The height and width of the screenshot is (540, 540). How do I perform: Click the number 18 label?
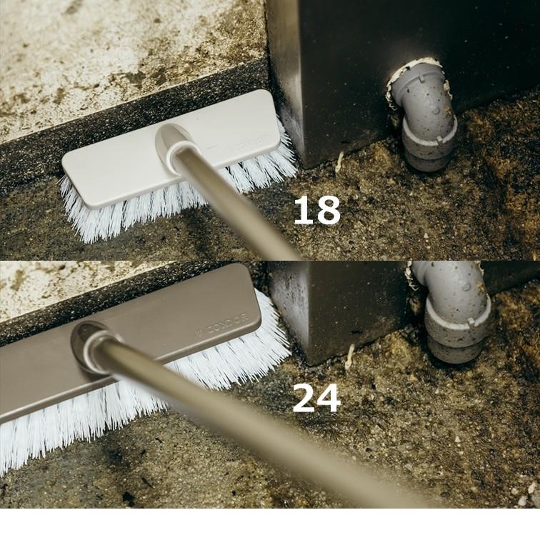click(317, 210)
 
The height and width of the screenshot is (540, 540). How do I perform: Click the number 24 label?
click(316, 398)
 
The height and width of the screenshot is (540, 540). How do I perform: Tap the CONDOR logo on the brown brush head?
click(221, 324)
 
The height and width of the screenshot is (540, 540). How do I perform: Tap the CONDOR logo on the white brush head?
click(246, 144)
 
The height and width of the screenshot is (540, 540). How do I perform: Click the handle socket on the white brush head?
click(174, 143)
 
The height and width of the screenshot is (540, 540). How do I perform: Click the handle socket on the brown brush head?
click(91, 346)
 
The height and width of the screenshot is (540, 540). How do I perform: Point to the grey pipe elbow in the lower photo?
click(451, 310)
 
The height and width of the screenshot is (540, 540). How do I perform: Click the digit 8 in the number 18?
click(327, 210)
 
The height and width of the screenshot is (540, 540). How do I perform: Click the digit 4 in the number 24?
click(329, 398)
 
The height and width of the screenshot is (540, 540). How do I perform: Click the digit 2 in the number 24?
click(304, 398)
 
